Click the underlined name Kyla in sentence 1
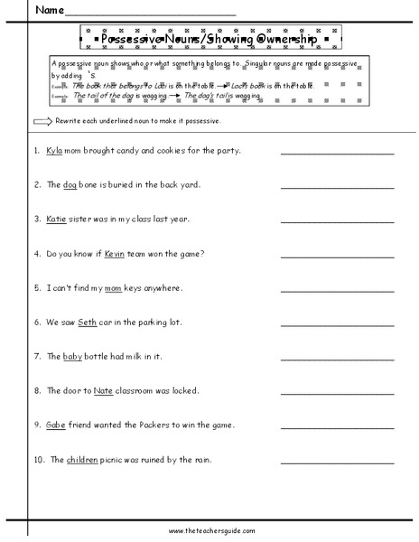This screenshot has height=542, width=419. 53,150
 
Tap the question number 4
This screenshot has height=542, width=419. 35,253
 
